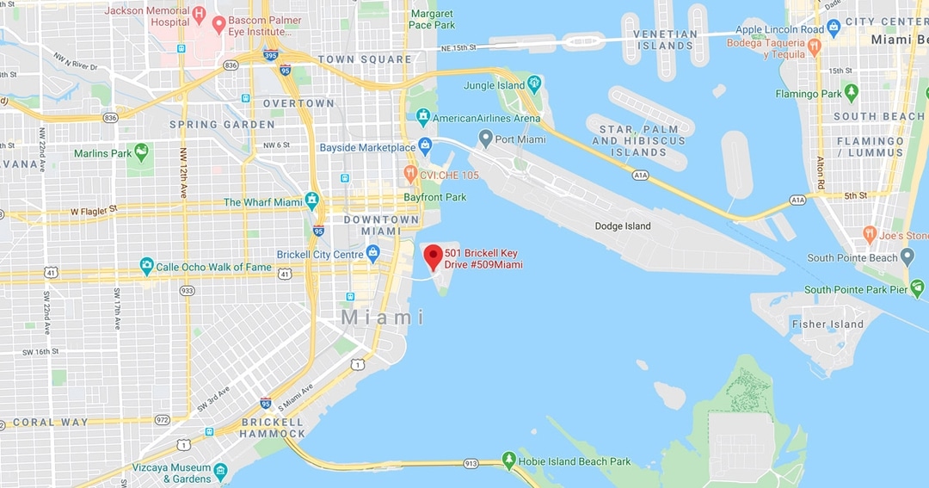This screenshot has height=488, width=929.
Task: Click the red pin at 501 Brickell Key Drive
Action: coord(434,256)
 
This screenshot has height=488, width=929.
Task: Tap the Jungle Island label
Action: coord(494,85)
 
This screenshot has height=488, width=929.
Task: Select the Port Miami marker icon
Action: coord(485,138)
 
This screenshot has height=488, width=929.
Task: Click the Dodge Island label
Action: coord(623,226)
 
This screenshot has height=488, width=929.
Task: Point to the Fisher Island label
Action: coord(827,324)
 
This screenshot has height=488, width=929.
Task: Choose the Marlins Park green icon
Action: coord(141,152)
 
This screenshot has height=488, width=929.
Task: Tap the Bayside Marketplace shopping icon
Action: coord(424,146)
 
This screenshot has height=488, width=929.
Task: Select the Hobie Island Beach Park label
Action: coord(575,461)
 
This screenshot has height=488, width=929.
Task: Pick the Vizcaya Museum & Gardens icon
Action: coord(220,470)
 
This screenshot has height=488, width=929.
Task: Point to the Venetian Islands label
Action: coord(667,40)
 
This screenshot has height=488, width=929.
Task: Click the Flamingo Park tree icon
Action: coord(852,92)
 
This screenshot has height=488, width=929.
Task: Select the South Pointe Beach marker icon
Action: coord(907,256)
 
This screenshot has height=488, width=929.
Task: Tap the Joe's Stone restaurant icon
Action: coord(871,234)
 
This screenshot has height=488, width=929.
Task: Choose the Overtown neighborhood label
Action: coord(298,103)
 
